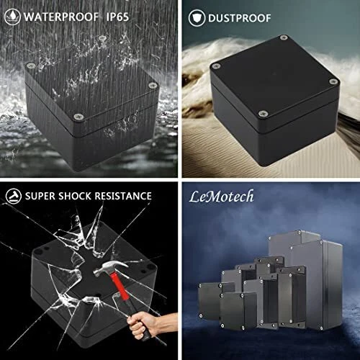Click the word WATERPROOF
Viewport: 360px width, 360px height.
(61, 17)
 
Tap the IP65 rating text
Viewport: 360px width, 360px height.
(117, 17)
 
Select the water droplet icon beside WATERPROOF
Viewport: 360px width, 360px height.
(12, 17)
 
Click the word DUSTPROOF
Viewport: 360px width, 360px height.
(240, 18)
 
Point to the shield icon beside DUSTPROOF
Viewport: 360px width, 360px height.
(197, 18)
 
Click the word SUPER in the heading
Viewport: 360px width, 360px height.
(40, 196)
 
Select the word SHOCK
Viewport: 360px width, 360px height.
(75, 196)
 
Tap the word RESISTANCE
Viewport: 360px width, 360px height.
(123, 196)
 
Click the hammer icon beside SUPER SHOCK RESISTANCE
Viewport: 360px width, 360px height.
(14, 196)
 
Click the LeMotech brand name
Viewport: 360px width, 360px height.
(221, 197)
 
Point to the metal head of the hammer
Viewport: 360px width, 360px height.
(110, 268)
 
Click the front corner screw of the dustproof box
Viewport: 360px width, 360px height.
(264, 113)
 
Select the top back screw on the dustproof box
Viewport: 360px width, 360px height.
(284, 37)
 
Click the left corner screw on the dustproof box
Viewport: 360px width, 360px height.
(217, 66)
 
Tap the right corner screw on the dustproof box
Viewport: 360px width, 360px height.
(333, 81)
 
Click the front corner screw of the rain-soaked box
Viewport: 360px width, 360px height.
(78, 117)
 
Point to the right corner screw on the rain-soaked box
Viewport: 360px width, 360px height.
(152, 85)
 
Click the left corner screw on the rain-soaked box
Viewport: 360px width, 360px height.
(30, 65)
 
